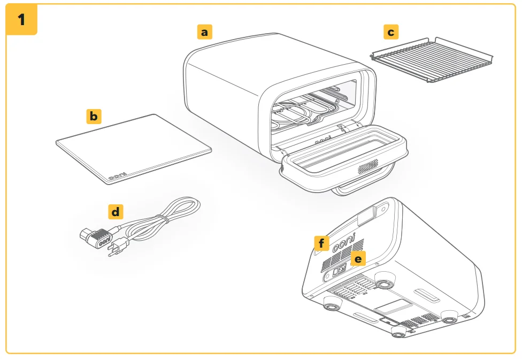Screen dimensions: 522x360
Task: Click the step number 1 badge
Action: point(21,19)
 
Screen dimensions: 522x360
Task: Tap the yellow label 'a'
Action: point(204,32)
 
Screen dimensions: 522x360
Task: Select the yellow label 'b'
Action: point(94,116)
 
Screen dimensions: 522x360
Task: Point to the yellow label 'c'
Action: point(391,32)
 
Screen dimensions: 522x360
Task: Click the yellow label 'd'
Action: point(116,212)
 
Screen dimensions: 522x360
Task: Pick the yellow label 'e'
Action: point(358,259)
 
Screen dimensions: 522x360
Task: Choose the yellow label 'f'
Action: point(321,243)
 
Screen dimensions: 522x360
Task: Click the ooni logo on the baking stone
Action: point(118,177)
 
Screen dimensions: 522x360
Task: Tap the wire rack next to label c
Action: point(432,59)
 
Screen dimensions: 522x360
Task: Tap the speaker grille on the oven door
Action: point(368,166)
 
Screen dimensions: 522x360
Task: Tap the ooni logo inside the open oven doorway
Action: point(323,140)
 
